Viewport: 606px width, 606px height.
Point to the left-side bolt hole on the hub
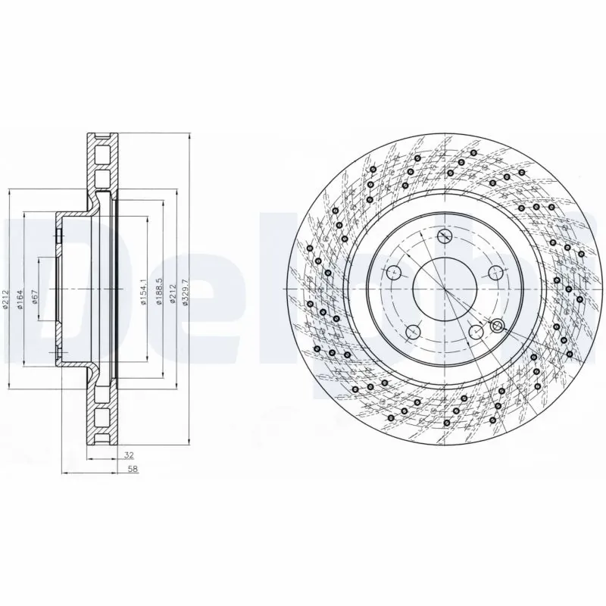click(x=392, y=273)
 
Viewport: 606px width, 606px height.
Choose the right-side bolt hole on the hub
click(x=496, y=273)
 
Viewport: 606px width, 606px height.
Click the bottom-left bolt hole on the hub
click(x=413, y=332)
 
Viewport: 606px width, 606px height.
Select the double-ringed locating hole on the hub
click(x=498, y=326)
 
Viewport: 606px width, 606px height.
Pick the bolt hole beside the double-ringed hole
click(x=475, y=332)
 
